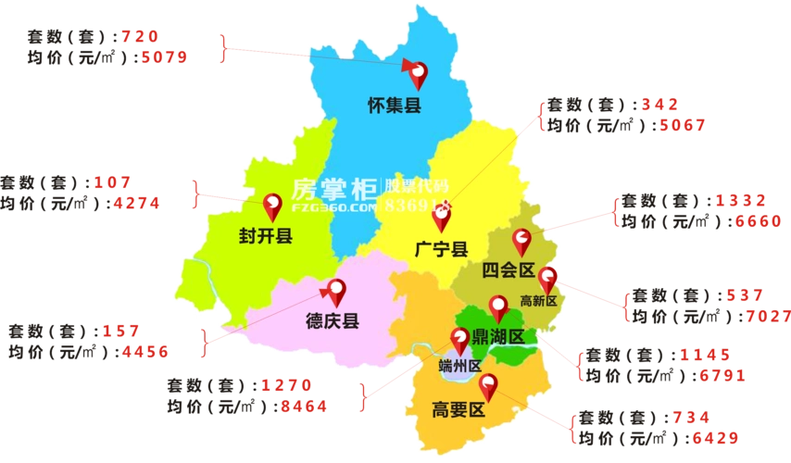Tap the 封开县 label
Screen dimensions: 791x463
265,237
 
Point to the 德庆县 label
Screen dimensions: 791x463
332,321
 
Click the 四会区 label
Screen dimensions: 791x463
509,270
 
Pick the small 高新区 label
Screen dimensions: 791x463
537,300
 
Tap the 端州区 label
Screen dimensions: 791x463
460,365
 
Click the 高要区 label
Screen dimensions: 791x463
458,409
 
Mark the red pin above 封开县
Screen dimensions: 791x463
273,205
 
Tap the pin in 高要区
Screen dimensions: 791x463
487,386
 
